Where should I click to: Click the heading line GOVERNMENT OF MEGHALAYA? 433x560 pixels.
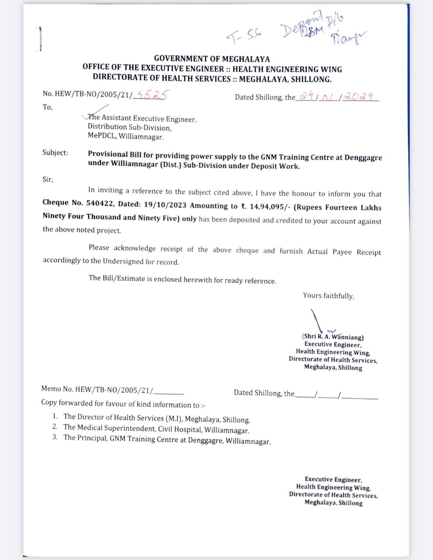(x=212, y=59)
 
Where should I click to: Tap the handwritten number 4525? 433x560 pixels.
(x=151, y=95)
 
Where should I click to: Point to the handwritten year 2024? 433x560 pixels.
(x=358, y=96)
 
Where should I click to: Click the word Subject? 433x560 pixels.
(x=55, y=153)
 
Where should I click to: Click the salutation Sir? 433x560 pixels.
(x=48, y=179)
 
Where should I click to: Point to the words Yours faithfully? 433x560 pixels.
(x=328, y=296)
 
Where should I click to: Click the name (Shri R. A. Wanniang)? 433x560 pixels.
(x=333, y=337)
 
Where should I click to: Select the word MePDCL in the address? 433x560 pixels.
(x=100, y=136)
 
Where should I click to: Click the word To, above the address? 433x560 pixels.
(x=47, y=107)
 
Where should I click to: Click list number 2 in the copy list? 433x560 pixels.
(x=55, y=427)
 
